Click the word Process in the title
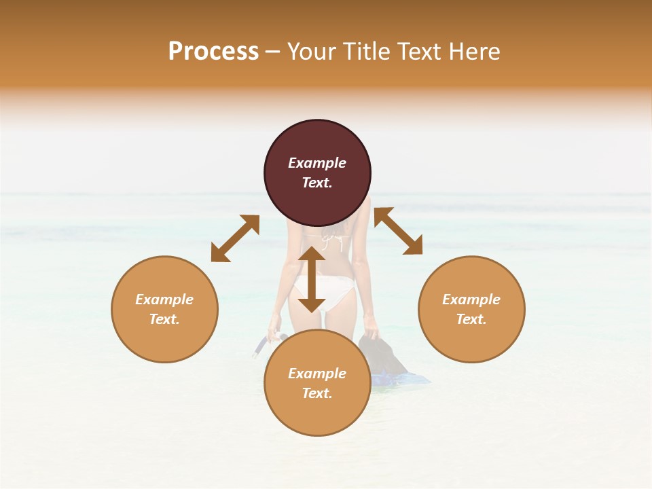(x=213, y=52)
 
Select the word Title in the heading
(x=366, y=52)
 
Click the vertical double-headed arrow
(x=312, y=279)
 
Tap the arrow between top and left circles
(x=235, y=238)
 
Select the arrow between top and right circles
(x=399, y=232)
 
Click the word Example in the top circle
(x=317, y=163)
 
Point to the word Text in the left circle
(x=164, y=319)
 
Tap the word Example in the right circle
(x=471, y=300)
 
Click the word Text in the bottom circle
(x=317, y=393)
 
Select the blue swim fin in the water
(x=401, y=378)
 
